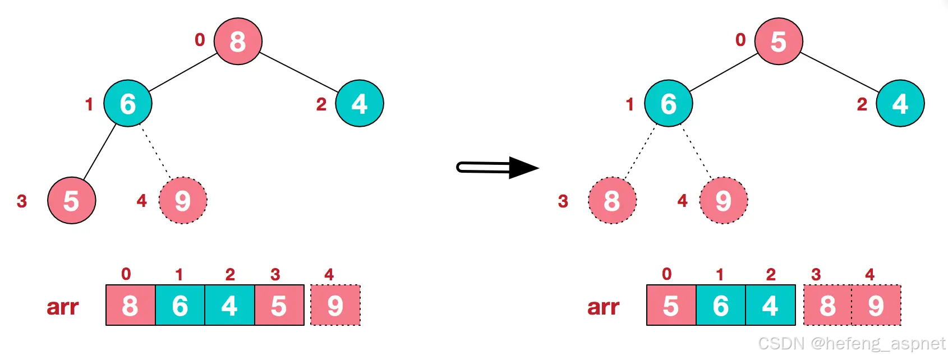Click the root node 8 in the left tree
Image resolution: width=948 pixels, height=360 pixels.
[238, 41]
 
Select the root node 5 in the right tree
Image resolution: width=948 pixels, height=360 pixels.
[779, 41]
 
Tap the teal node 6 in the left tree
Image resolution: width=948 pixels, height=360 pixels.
[128, 104]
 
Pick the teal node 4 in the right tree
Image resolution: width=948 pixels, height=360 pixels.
[900, 104]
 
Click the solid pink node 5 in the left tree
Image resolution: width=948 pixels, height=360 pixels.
[72, 201]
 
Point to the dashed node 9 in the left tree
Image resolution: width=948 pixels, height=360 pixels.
[183, 201]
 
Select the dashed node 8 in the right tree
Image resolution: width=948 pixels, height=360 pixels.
[612, 201]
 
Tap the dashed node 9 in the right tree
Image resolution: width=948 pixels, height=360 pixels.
[724, 201]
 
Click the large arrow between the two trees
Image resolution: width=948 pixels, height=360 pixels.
[497, 167]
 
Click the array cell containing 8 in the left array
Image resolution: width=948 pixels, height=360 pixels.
[130, 306]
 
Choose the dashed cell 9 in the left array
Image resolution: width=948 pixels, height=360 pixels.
[335, 306]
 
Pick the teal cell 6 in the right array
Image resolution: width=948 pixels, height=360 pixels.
[721, 306]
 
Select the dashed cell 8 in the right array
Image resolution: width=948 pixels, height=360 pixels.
[828, 306]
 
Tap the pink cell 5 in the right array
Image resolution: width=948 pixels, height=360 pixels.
[671, 306]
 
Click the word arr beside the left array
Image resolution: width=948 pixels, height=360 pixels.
[62, 307]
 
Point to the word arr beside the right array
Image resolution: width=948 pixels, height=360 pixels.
[603, 307]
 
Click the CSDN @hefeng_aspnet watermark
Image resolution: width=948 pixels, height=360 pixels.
[852, 343]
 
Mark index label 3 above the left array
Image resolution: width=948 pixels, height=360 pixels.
[275, 274]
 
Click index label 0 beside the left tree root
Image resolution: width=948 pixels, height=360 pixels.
[200, 40]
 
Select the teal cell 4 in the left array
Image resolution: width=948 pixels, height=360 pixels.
[229, 306]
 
